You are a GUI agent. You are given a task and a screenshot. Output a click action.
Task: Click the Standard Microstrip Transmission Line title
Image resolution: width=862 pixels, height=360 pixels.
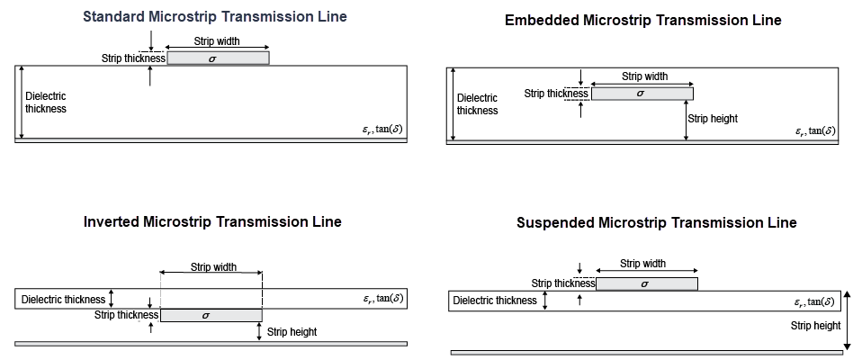214,17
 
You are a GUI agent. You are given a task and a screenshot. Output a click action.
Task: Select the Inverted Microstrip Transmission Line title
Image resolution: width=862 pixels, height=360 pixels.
212,221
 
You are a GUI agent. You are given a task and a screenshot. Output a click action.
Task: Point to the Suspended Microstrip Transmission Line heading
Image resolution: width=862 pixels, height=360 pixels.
656,222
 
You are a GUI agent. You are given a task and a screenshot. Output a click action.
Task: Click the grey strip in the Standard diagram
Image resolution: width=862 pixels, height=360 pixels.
218,58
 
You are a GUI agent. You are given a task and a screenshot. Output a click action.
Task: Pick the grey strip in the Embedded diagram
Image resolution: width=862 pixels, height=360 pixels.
642,93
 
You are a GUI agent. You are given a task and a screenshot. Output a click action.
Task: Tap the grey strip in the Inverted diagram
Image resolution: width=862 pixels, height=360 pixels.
211,315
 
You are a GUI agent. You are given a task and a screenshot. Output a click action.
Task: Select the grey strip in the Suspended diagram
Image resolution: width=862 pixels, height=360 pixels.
646,283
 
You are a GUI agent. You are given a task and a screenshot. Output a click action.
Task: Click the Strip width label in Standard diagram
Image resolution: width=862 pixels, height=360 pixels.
217,41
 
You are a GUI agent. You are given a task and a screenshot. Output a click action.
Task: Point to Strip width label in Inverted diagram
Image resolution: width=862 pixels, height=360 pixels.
213,266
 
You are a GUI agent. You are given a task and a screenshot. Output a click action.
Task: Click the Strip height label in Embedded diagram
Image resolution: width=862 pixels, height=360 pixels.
712,118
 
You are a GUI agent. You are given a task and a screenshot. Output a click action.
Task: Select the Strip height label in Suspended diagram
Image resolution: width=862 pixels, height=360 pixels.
815,326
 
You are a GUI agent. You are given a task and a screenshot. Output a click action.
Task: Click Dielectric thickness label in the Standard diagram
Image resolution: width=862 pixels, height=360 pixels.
45,102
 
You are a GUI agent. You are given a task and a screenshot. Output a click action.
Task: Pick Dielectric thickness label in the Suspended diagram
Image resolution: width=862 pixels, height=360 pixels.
495,301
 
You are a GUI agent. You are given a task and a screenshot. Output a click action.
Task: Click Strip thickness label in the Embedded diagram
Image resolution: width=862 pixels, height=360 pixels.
556,93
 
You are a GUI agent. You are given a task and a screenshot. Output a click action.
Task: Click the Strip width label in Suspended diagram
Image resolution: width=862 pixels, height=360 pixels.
643,264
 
